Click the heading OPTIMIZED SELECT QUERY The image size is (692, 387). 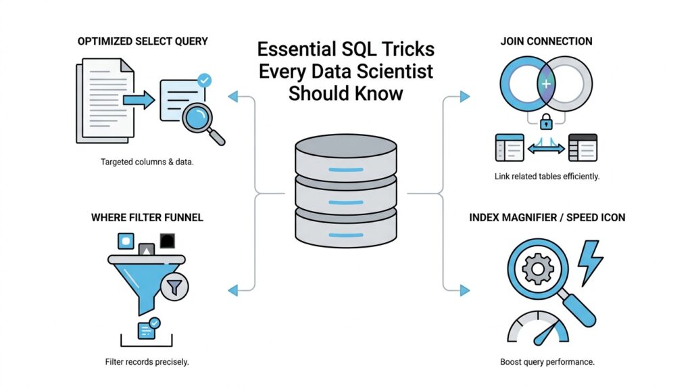click(x=143, y=41)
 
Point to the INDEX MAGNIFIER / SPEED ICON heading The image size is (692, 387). click(x=547, y=218)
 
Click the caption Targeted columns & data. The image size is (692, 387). click(x=147, y=162)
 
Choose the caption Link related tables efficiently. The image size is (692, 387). click(x=547, y=177)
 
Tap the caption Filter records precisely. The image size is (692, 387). click(x=147, y=362)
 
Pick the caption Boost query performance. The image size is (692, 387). click(x=547, y=362)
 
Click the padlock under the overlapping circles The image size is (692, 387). click(x=546, y=123)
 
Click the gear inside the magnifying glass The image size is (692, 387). click(x=538, y=270)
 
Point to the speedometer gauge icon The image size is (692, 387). click(x=538, y=329)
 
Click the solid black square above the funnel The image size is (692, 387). click(x=167, y=241)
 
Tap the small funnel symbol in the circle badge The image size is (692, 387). click(x=175, y=288)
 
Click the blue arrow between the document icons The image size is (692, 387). click(x=139, y=100)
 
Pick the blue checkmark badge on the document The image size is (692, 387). click(x=203, y=81)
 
